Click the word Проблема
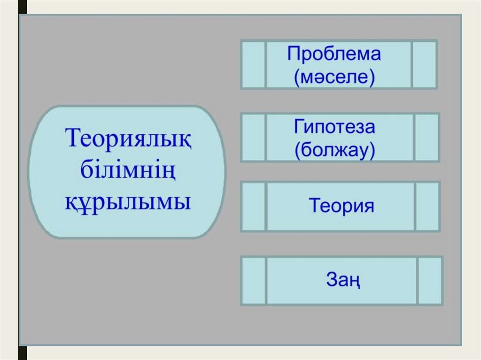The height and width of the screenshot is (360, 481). tap(334, 54)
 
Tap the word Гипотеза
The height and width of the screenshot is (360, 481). tap(334, 127)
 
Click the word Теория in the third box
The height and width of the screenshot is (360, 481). tap(341, 207)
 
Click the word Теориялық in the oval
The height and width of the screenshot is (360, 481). tap(128, 139)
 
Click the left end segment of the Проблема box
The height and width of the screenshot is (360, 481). tap(254, 64)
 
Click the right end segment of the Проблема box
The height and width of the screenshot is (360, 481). tap(425, 64)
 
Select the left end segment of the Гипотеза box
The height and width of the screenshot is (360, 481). tap(254, 138)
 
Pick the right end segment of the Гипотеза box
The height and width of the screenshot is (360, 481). tap(427, 138)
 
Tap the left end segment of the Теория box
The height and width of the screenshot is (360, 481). tap(254, 207)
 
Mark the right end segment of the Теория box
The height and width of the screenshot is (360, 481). tap(427, 207)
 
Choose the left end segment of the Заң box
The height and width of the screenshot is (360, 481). tap(254, 281)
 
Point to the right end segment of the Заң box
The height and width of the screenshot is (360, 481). tap(429, 281)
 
